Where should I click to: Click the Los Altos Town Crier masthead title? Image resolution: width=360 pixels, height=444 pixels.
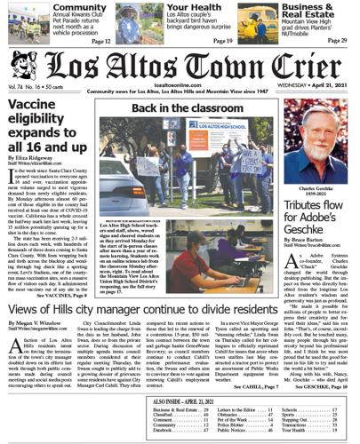[x=191, y=67]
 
